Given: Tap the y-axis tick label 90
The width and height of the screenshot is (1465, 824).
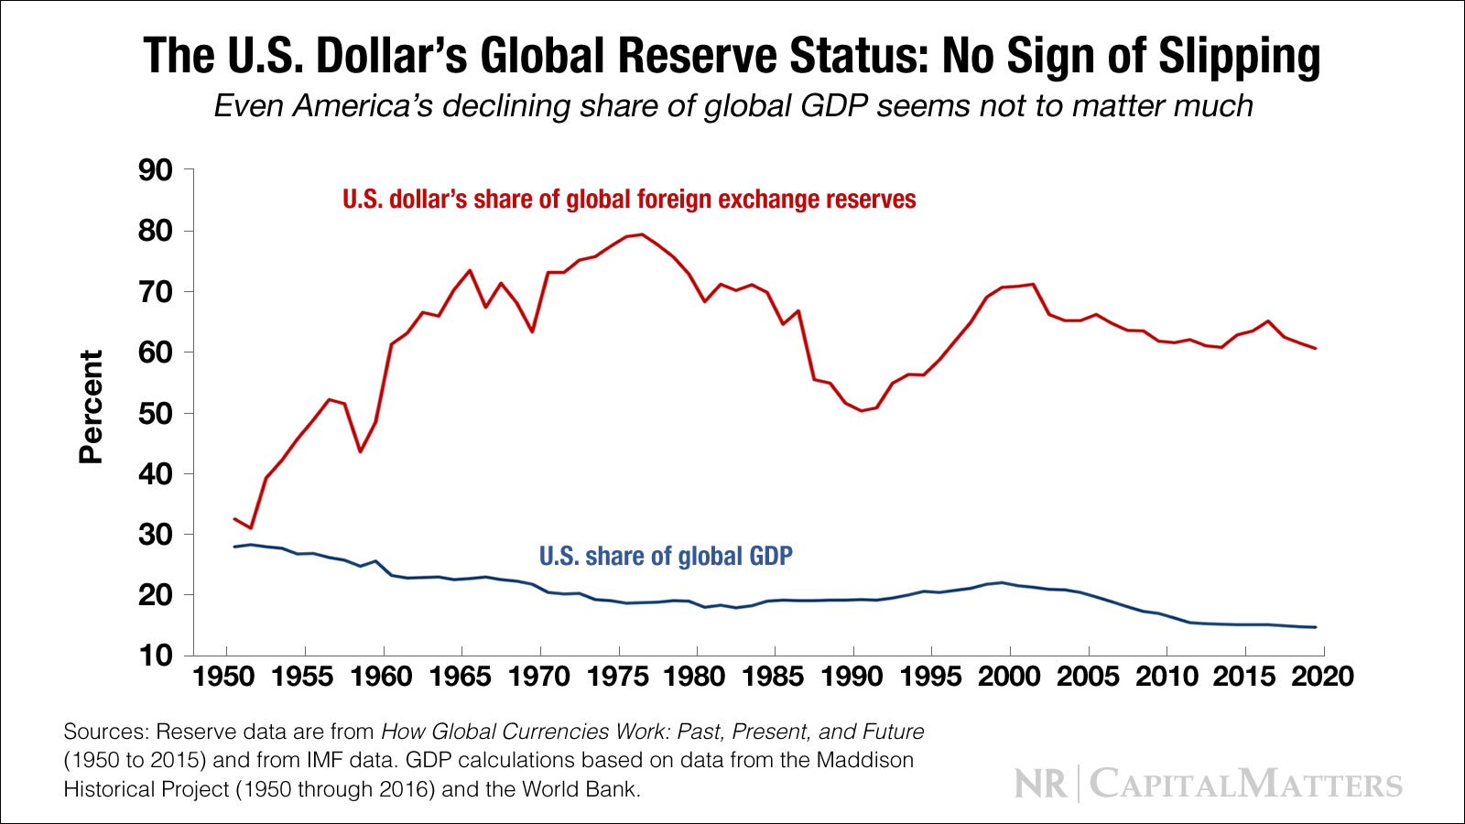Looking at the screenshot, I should coord(155,170).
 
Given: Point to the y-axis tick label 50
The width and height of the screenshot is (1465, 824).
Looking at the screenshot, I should coord(155,414).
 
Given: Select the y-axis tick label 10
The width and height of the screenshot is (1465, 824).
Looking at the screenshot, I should coord(155,656).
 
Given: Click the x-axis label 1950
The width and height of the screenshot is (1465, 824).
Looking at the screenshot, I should coord(223,677).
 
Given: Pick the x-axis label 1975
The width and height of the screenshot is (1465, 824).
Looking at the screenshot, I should coord(617,677).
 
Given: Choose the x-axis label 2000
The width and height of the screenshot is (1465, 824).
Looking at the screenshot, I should coord(1009,677).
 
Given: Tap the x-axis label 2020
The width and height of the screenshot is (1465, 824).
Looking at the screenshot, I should coord(1322,677).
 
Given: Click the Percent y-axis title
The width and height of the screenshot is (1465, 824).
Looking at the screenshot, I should coord(91,407).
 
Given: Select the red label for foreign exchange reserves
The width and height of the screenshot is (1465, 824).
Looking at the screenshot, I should coord(629,200).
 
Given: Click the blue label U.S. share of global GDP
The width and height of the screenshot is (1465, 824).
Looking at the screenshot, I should coord(666,556).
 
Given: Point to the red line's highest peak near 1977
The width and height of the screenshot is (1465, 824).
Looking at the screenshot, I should coord(642,234).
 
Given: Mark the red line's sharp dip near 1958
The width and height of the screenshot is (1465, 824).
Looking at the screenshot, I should coord(361,451).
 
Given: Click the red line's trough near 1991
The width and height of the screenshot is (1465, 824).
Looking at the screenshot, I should coord(862,410).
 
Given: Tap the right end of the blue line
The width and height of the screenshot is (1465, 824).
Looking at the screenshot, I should coord(1316,627).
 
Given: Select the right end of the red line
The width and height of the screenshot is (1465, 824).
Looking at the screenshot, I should coord(1316,348).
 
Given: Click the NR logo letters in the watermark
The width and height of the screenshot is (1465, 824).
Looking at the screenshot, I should coord(1041,785).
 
